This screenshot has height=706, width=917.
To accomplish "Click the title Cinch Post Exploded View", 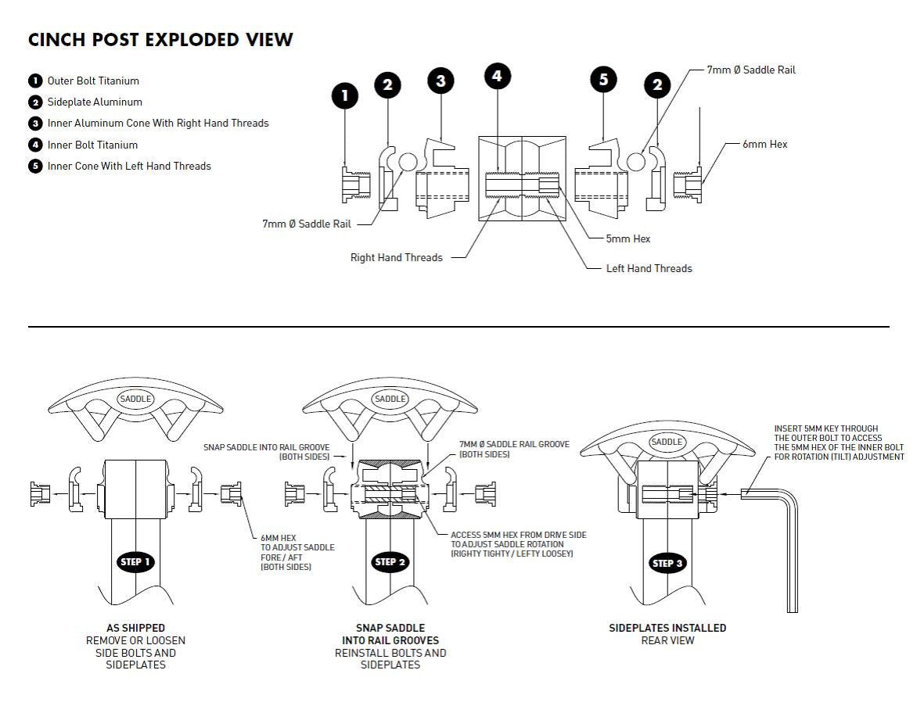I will tap(160, 40).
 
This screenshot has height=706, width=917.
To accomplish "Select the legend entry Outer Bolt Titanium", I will tap(93, 81).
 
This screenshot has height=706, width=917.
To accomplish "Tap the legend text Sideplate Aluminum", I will tap(95, 102).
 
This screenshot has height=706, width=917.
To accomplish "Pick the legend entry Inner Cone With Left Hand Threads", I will tap(129, 166).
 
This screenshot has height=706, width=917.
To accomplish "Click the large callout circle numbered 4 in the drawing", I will tap(498, 76).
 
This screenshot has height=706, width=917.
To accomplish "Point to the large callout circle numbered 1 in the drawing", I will tap(345, 96).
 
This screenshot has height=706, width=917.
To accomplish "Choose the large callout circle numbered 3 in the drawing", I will tap(441, 81).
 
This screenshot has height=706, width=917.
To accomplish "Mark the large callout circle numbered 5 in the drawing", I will tap(603, 79).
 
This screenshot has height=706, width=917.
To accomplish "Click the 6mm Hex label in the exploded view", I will tap(764, 144).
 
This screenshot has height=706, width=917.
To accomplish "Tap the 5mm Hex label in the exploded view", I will tap(628, 238).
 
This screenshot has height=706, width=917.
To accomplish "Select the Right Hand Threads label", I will tap(396, 257).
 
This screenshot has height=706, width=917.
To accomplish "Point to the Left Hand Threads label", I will tap(649, 268).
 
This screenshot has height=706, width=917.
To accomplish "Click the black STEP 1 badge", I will tap(135, 561).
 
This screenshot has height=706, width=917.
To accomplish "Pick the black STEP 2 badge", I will tap(390, 561).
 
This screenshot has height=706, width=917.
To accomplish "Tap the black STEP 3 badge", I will tap(667, 563).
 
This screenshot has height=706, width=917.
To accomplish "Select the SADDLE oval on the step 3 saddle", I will tap(667, 442).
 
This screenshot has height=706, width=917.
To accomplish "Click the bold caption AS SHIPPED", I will tap(135, 628).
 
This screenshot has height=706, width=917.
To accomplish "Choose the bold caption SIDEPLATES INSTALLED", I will tap(667, 628).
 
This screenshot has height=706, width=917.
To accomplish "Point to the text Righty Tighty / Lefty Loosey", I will tap(512, 554).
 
